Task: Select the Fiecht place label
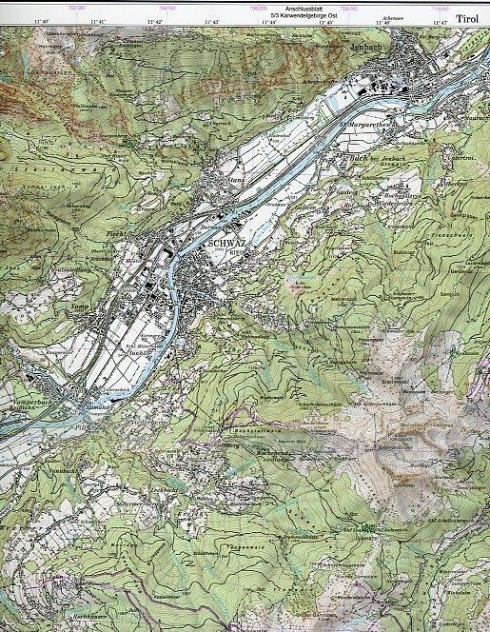[x=116, y=232]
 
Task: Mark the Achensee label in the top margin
[x=386, y=17]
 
